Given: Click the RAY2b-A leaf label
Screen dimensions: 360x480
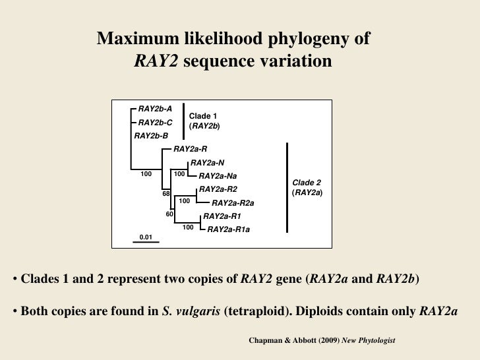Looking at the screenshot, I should (x=155, y=108).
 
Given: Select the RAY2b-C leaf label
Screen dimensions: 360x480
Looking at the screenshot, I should (x=155, y=122).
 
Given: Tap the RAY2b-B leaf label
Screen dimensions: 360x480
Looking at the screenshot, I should (x=151, y=136).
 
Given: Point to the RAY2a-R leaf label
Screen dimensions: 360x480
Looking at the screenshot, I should (x=190, y=150).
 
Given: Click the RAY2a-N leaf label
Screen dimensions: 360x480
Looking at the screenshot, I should (x=207, y=163).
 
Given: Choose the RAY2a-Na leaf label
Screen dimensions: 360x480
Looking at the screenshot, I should (x=218, y=176).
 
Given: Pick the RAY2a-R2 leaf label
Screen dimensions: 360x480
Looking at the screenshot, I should (x=214, y=189).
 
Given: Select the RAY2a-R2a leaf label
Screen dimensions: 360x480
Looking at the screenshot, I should (x=232, y=203).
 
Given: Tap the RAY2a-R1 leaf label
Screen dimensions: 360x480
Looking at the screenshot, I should (x=222, y=216).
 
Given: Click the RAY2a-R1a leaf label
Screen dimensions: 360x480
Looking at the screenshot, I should (x=229, y=229).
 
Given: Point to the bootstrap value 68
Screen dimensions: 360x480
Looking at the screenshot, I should (x=167, y=194).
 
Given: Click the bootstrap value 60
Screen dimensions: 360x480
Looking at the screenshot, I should (x=169, y=214).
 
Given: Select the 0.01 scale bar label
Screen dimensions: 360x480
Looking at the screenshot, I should (x=146, y=236).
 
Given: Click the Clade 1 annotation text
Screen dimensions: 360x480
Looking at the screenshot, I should (x=203, y=117).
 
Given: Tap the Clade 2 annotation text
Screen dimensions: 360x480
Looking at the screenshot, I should (x=307, y=183).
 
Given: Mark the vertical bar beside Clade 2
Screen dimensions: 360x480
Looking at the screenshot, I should (x=287, y=187).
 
